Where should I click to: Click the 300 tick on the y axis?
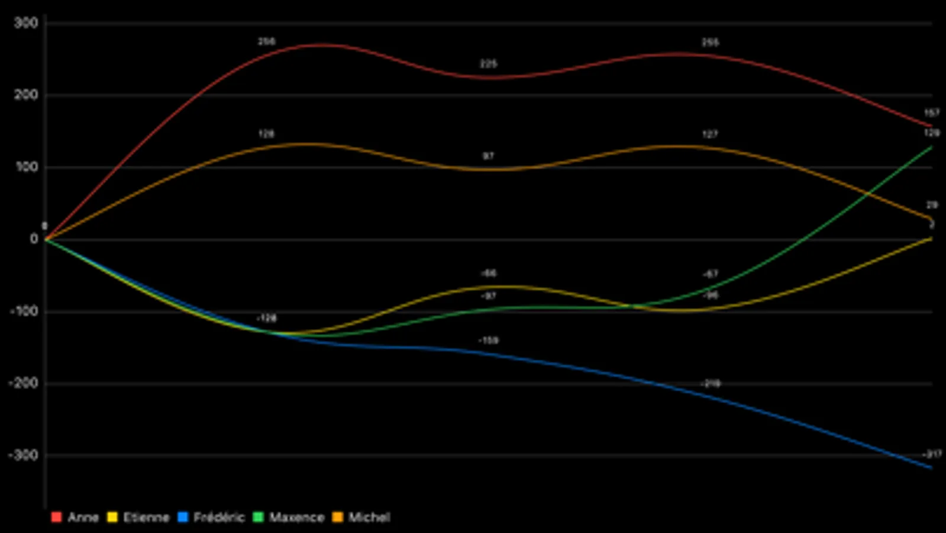click(x=25, y=23)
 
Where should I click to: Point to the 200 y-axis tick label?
click(x=25, y=95)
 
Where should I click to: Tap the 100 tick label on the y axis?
click(x=25, y=167)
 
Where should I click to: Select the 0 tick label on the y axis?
click(x=34, y=239)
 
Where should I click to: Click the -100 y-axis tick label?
click(x=23, y=311)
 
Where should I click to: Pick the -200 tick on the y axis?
click(x=23, y=383)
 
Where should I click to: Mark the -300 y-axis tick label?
click(x=23, y=455)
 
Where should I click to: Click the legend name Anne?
click(x=83, y=518)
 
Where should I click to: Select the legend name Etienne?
click(x=146, y=518)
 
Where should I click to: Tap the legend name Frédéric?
click(x=219, y=518)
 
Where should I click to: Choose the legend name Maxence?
click(x=296, y=518)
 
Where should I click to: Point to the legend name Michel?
click(x=369, y=518)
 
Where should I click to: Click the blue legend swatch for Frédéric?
click(x=183, y=518)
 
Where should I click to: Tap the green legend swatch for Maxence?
click(x=258, y=518)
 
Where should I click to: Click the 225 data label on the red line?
click(x=488, y=64)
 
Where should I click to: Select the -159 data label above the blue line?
click(x=488, y=341)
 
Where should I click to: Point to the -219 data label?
click(x=711, y=384)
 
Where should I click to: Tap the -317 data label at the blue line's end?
click(x=932, y=454)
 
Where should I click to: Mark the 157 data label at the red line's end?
click(x=932, y=113)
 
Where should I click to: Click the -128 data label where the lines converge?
click(x=266, y=319)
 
